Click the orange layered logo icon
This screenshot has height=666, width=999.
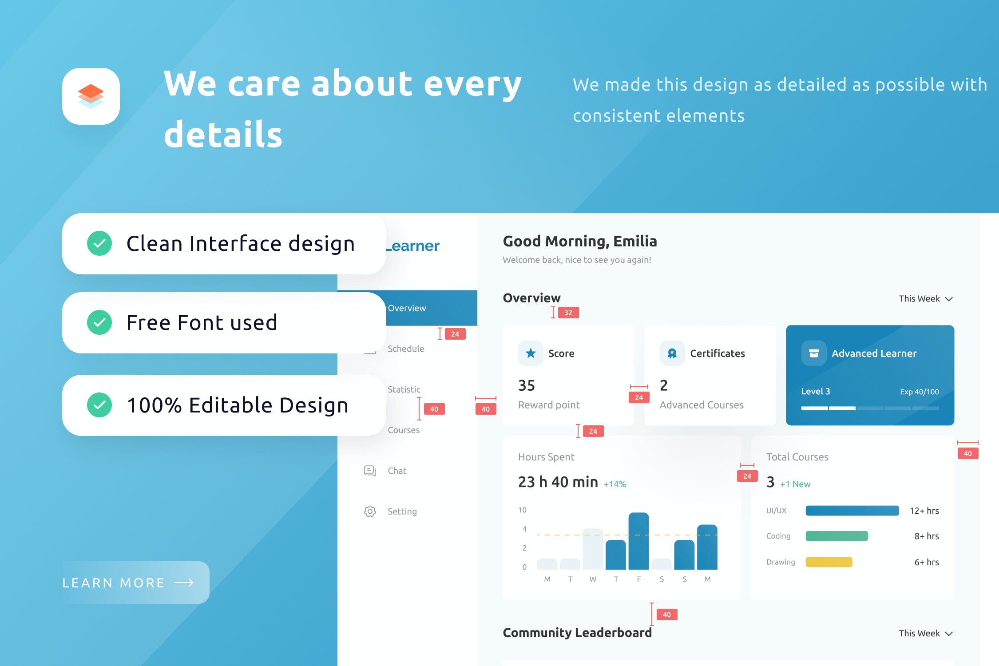[x=91, y=96]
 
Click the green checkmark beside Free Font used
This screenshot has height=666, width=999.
[x=99, y=322]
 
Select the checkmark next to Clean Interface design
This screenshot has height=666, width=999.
[x=99, y=243]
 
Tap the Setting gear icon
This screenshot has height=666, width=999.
[x=370, y=511]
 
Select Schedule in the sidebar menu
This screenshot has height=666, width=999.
[x=406, y=349]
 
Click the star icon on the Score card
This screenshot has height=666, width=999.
[x=531, y=353]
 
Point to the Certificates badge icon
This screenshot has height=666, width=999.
[x=672, y=353]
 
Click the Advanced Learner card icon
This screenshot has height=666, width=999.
[x=814, y=353]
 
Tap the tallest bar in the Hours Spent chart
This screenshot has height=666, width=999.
[x=638, y=541]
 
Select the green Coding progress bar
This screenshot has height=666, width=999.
[x=836, y=536]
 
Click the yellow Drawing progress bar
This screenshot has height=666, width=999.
[x=829, y=562]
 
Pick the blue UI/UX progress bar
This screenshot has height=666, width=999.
[x=852, y=511]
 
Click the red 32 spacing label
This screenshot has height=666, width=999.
[x=568, y=313]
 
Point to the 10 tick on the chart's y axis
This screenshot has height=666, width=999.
[x=522, y=510]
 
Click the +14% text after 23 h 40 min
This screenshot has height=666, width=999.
[x=615, y=484]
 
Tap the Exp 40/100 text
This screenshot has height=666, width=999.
[x=920, y=392]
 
